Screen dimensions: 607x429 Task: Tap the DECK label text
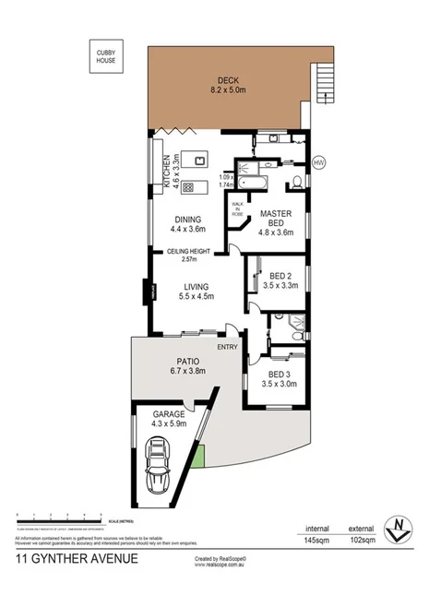[226, 79]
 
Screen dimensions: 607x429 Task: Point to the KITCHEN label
[167, 171]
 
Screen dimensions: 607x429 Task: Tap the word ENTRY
[227, 347]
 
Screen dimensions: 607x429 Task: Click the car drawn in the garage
[158, 467]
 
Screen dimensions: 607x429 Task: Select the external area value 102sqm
[361, 540]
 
